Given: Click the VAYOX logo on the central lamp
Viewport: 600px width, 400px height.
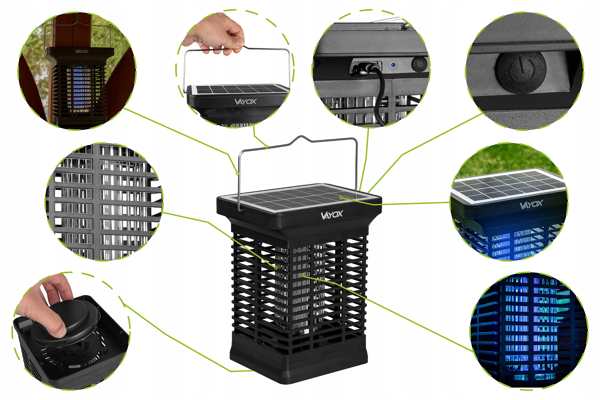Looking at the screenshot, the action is point(332,215).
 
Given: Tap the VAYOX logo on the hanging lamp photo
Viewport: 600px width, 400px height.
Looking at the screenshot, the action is point(82,51).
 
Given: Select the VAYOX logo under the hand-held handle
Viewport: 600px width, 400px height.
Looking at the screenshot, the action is point(245,101).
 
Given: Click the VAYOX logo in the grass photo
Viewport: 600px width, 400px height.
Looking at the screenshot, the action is point(531,204).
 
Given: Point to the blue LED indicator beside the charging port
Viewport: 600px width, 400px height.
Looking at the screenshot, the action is point(393,65).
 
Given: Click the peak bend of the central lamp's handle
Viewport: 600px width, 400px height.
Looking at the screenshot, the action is point(302,137).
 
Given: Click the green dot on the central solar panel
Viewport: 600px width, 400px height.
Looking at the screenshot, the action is point(341,198).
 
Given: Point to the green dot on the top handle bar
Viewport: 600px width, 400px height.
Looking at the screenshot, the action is point(267,147).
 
